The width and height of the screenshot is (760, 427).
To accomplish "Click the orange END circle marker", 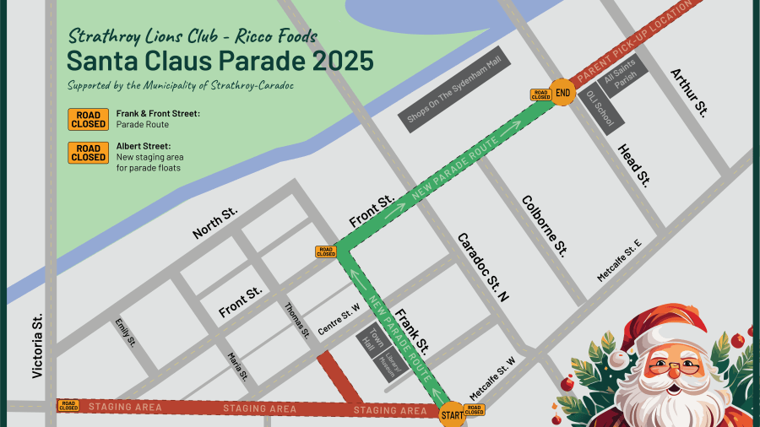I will click(x=563, y=92).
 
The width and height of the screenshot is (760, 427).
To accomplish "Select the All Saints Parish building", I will click(x=625, y=75).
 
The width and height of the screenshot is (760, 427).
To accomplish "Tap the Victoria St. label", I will click(x=37, y=346).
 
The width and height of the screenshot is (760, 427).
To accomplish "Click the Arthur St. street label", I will click(x=689, y=92).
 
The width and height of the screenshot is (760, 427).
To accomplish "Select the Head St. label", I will click(x=633, y=165).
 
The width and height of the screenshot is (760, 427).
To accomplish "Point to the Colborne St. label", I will click(x=545, y=225).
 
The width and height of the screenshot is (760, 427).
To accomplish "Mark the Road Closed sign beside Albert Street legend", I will click(x=88, y=152).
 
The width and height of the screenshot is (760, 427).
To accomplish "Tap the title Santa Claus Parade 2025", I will click(x=220, y=61).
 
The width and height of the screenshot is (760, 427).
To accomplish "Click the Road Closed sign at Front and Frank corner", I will click(x=326, y=251).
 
